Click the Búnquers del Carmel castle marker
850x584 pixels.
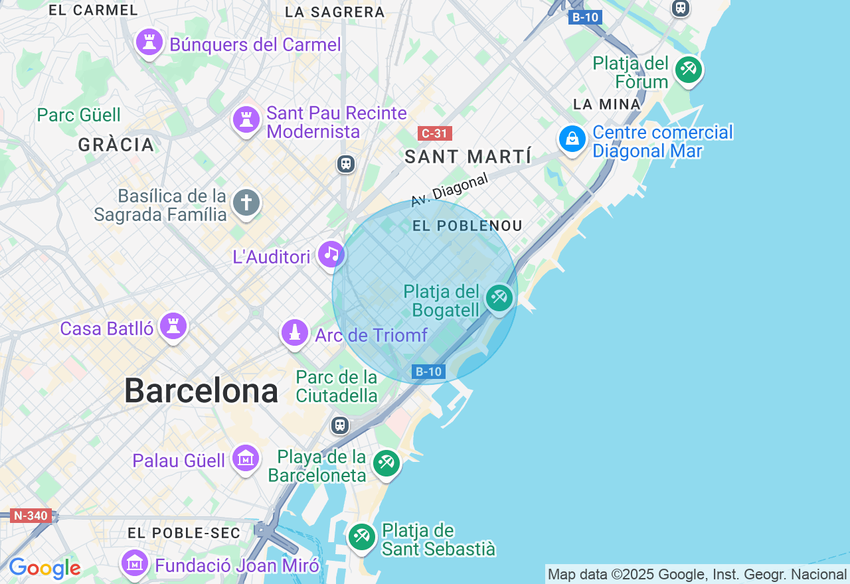[149, 42]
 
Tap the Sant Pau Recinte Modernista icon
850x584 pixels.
[246, 120]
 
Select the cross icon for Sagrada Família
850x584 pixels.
[246, 202]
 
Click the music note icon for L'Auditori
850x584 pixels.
[331, 254]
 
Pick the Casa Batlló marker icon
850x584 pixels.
[173, 326]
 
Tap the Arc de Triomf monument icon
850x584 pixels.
[295, 333]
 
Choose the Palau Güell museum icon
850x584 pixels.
[245, 458]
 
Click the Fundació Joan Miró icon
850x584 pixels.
[135, 563]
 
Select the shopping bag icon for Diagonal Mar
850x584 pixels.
[572, 139]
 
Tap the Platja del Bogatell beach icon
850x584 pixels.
[499, 297]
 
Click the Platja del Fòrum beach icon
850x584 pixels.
[689, 70]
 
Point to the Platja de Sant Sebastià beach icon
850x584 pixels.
[362, 536]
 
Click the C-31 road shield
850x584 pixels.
[435, 133]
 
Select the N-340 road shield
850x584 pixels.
[31, 515]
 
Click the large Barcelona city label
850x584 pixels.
[201, 390]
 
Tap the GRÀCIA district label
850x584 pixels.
[116, 144]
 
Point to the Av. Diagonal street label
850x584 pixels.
[450, 189]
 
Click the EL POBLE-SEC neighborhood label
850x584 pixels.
[184, 533]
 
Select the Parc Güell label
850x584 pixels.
[79, 115]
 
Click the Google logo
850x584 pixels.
[44, 568]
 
